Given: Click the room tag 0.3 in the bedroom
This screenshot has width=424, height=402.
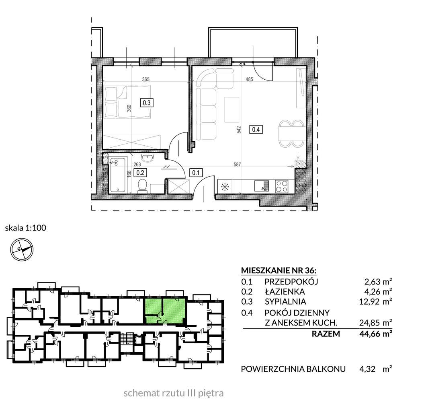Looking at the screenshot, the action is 147,103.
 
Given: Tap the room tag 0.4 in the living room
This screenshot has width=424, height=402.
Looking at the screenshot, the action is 256,130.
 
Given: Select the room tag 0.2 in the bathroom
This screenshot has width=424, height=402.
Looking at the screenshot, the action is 140,173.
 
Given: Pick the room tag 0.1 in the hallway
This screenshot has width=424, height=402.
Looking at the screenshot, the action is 196,173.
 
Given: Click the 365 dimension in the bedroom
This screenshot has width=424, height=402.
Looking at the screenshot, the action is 146,80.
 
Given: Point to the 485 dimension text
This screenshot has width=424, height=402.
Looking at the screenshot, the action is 249,80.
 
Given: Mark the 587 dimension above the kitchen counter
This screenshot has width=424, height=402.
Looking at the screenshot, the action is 237,164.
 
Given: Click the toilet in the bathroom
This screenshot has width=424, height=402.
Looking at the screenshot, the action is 142,186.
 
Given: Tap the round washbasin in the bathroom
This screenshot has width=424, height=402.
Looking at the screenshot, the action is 147,158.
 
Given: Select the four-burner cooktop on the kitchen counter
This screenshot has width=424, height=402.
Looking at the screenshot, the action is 281,186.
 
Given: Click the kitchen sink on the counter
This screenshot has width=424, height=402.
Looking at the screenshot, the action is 262,186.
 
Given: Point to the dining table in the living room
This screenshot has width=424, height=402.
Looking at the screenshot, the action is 291,134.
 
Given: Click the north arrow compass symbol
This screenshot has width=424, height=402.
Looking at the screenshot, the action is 22,249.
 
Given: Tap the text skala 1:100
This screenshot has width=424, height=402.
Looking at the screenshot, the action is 25,228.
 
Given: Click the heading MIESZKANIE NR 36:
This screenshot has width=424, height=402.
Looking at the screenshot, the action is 279,270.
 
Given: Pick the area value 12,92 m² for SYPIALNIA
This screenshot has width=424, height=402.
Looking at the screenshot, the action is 376,301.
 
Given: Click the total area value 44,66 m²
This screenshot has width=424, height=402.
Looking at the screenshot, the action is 376,334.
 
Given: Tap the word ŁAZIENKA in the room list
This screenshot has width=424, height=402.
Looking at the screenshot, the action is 285,292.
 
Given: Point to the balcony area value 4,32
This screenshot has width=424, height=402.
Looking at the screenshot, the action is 367,369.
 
